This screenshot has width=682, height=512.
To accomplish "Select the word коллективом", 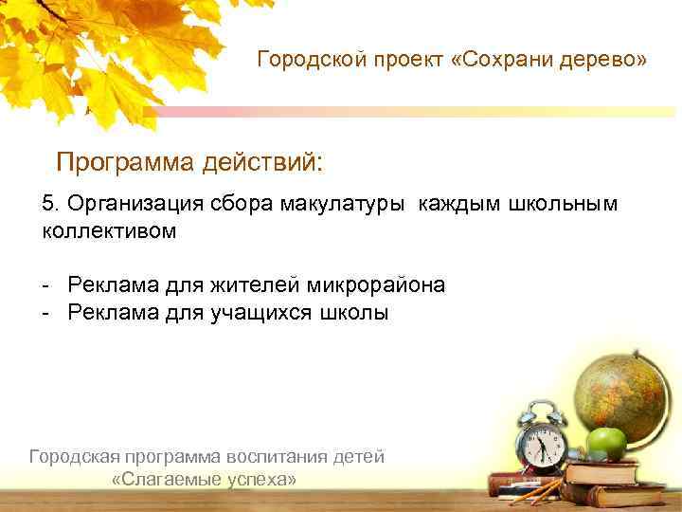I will [x=109, y=230].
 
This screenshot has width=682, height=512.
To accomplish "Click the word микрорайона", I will [x=375, y=285].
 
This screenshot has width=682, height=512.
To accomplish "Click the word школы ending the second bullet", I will [x=357, y=313].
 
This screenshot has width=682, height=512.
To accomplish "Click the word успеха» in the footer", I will [x=262, y=480].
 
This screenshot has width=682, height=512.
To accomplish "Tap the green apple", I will [x=605, y=441].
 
